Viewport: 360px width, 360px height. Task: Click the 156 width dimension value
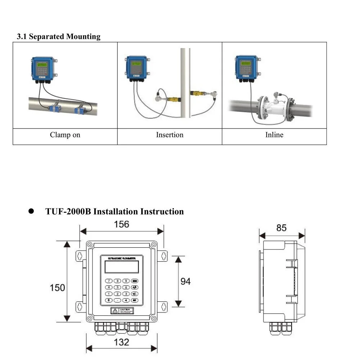(x=121, y=224)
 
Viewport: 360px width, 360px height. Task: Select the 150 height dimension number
(x=57, y=288)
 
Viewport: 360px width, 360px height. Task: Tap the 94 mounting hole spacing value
(x=185, y=281)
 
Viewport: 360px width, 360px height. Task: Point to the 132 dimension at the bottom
(x=121, y=342)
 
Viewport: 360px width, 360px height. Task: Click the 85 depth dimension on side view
(x=282, y=228)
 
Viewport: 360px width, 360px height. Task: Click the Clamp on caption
(x=65, y=135)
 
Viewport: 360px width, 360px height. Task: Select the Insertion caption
(x=170, y=135)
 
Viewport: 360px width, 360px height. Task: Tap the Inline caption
(x=274, y=135)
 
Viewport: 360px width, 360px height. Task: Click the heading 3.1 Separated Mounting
(x=59, y=36)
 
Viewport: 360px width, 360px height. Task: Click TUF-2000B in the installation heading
(x=68, y=211)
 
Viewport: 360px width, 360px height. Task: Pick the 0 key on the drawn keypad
(x=108, y=300)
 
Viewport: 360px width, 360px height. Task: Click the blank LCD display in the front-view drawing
(x=121, y=267)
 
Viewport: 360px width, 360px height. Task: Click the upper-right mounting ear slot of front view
(x=163, y=256)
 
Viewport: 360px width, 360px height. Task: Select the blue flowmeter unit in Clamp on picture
(x=42, y=68)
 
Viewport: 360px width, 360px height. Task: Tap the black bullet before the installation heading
(x=31, y=211)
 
